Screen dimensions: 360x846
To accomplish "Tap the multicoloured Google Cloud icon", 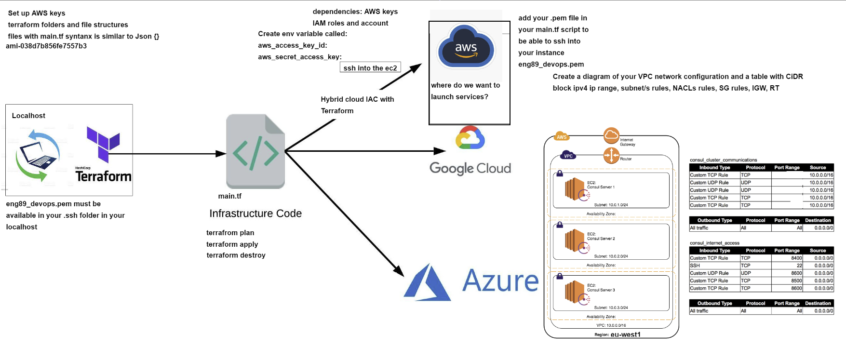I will click(470, 138).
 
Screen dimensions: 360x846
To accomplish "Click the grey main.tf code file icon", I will click(255, 151).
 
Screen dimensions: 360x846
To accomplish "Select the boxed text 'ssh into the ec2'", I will click(370, 68).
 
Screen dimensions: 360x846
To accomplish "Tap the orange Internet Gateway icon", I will click(611, 135).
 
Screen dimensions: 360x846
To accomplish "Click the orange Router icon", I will click(611, 155).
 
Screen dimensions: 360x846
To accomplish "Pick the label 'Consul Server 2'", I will click(601, 239).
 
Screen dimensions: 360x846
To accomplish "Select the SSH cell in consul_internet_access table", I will click(695, 266).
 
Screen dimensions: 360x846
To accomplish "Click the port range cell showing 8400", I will click(796, 258).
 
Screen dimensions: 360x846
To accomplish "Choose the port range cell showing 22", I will click(799, 266).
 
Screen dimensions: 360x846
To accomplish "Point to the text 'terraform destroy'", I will click(236, 255).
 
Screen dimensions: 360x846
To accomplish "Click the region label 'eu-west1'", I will click(625, 334).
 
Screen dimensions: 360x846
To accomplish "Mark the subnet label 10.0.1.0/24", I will click(611, 205).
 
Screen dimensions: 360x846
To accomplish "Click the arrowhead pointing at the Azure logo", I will click(399, 271).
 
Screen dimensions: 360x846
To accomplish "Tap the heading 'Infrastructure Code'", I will click(255, 213).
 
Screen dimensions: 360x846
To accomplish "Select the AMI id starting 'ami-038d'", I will click(46, 46).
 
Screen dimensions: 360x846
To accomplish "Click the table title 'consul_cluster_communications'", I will click(723, 160).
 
